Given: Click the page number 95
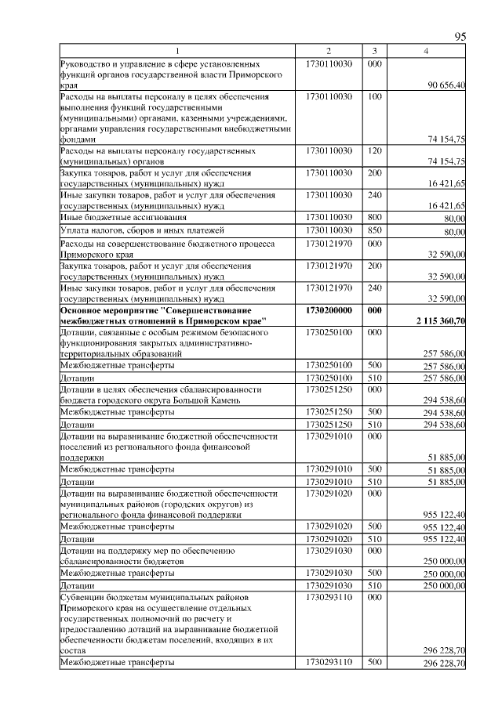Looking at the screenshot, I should tap(460, 37).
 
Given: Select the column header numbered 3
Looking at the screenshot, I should tap(375, 51).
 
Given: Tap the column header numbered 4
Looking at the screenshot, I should tap(426, 51).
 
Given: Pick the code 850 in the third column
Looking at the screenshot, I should tap(374, 230).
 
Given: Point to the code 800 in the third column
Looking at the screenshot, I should tap(374, 217).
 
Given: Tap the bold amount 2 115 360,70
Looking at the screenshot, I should tap(437, 321).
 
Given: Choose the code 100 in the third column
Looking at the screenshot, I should tap(374, 96).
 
